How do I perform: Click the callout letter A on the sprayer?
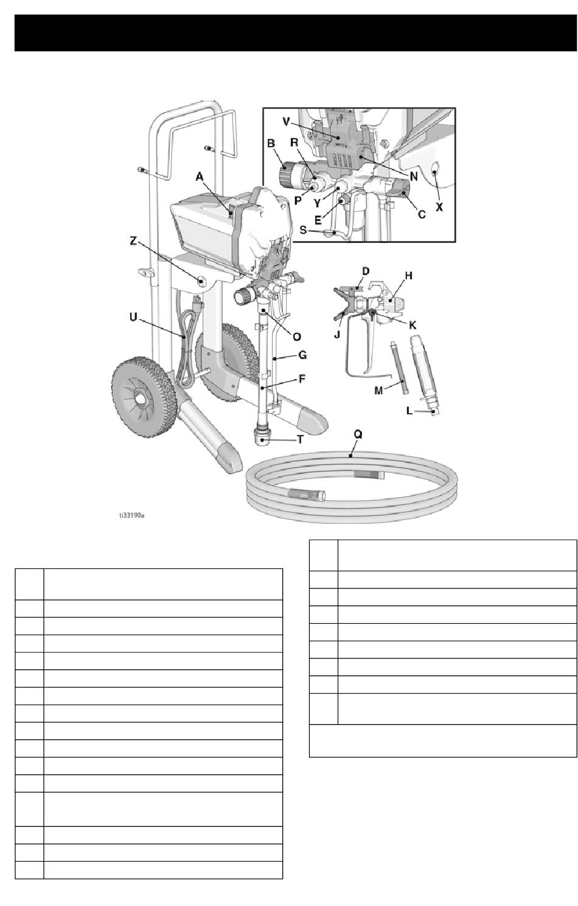tap(199, 176)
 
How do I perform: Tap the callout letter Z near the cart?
tap(133, 241)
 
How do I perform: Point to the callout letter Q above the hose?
tap(358, 434)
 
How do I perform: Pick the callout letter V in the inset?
tap(287, 120)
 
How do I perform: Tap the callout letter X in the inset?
tap(439, 207)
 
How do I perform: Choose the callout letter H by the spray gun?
tap(409, 275)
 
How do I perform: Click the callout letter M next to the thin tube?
tap(378, 391)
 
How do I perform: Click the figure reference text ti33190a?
tap(132, 515)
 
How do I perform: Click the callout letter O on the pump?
tap(298, 336)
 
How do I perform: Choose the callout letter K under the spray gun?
tap(412, 324)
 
